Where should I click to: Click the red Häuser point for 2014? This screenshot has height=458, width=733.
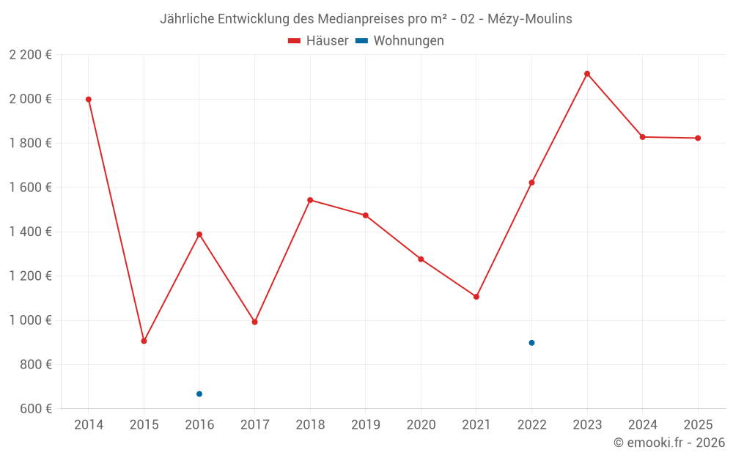pyautogui.click(x=89, y=100)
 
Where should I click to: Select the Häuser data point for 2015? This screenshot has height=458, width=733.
pyautogui.click(x=144, y=341)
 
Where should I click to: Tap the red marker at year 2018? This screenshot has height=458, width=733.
pyautogui.click(x=310, y=200)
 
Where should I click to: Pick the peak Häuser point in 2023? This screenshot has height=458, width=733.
pyautogui.click(x=587, y=74)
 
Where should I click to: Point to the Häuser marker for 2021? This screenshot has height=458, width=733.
pyautogui.click(x=476, y=297)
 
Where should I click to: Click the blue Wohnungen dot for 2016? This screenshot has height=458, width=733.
pyautogui.click(x=199, y=394)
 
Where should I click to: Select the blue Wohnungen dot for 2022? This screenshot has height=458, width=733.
pyautogui.click(x=531, y=343)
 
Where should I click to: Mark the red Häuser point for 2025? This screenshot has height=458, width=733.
pyautogui.click(x=698, y=138)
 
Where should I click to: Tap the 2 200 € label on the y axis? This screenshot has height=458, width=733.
pyautogui.click(x=30, y=55)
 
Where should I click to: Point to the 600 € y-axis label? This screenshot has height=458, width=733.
pyautogui.click(x=35, y=409)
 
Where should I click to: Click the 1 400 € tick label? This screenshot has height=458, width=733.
pyautogui.click(x=30, y=232)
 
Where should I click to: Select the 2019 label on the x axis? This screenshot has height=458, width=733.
pyautogui.click(x=366, y=425)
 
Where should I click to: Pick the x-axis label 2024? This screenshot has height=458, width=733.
pyautogui.click(x=643, y=425)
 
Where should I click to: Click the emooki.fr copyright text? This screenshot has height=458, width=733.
pyautogui.click(x=669, y=443)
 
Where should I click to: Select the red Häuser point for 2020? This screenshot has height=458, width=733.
pyautogui.click(x=421, y=259)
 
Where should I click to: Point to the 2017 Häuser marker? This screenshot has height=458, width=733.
pyautogui.click(x=254, y=322)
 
